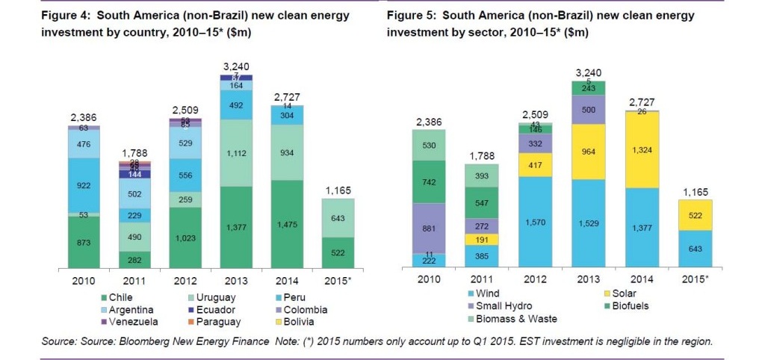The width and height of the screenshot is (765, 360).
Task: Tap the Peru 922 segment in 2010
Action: click(84, 184)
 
